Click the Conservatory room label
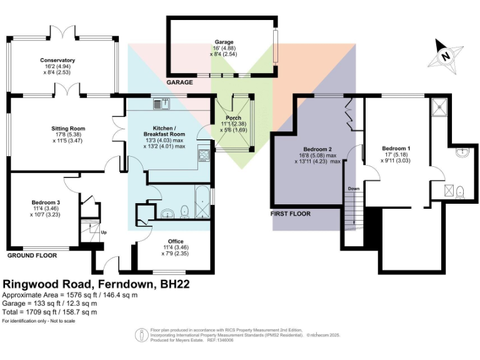click(x=57, y=60)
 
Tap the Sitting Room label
click(x=68, y=129)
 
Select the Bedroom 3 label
click(x=45, y=202)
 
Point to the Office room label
click(x=176, y=241)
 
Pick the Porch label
click(x=234, y=117)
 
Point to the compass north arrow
click(x=446, y=54)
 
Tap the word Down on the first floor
click(x=354, y=188)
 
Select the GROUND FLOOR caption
click(x=32, y=256)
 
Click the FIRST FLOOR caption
click(x=291, y=214)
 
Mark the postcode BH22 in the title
click(x=175, y=284)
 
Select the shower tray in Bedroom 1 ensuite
click(x=440, y=107)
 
